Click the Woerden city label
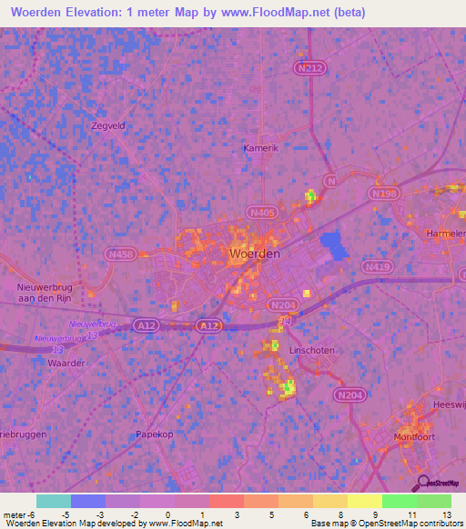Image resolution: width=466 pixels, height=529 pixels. point(255,255)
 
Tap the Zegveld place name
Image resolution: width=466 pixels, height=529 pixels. point(106,125)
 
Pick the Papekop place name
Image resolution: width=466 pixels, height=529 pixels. point(154,434)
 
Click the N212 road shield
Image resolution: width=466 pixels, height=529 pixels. point(309,66)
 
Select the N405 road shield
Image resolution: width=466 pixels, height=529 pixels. point(261,212)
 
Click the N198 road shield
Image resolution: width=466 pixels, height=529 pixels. point(383,194)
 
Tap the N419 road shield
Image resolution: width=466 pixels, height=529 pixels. point(376,267)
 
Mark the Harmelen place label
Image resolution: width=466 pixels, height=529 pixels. point(445,234)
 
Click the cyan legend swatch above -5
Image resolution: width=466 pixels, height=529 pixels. point(54,501)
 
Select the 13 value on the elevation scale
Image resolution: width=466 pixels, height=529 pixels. point(447,514)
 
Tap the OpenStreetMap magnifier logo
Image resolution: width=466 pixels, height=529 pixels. point(421,482)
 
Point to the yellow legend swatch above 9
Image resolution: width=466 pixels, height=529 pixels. point(365,501)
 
